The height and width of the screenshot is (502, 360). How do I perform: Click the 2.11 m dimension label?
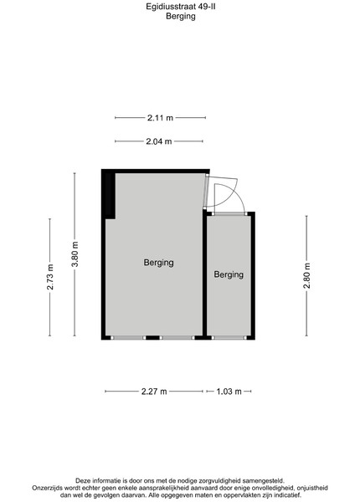pos(160,118)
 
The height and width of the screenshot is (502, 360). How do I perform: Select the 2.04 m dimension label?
pos(159,141)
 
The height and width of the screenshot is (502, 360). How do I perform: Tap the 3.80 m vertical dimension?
pos(75,254)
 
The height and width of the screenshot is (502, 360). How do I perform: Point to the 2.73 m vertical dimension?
pos(49,277)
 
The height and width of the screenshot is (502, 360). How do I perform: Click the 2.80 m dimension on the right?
pos(306,275)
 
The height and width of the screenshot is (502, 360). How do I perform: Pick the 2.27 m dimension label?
pos(154,392)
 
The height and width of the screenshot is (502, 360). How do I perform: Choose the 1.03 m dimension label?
pos(229,392)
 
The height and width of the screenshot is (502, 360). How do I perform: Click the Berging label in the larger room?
pos(158,263)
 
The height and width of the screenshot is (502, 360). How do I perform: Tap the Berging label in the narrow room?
pos(229,274)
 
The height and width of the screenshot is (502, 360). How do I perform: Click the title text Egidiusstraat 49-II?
pos(181,7)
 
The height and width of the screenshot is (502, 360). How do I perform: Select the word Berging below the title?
pos(181,16)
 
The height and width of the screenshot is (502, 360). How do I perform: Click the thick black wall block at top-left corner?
pos(109,195)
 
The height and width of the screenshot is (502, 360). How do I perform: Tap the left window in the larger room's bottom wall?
pos(128,337)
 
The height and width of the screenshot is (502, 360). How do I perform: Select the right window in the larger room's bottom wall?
pos(177,337)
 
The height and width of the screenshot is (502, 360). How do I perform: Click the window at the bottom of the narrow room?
pos(229,337)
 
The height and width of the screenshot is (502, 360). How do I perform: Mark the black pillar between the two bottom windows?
pos(152,337)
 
